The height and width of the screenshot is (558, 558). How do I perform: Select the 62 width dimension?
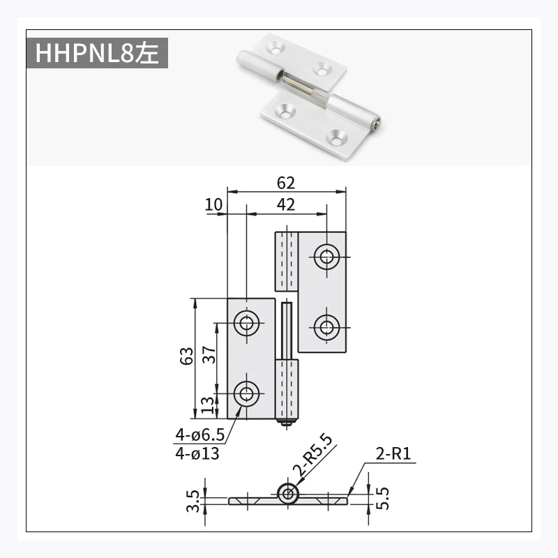286,183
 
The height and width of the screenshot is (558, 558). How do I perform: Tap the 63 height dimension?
186,358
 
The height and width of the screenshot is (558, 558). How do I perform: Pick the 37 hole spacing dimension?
208,358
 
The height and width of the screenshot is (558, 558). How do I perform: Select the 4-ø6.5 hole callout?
199,435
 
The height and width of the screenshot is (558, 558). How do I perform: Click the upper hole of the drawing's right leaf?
326,257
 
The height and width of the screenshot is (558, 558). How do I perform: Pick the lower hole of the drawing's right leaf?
326,326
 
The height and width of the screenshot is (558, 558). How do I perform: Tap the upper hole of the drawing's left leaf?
246,323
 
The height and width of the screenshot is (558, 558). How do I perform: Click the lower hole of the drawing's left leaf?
246,394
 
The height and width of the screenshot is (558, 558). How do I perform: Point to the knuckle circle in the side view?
287,494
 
